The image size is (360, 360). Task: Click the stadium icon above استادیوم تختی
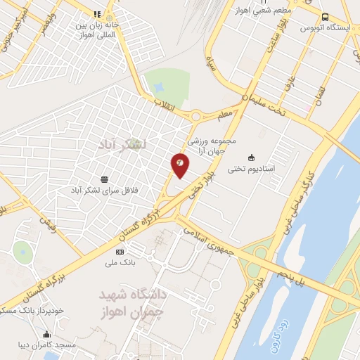click(252, 157)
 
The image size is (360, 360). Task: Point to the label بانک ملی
click(119, 264)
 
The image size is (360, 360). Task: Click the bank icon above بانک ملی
click(119, 252)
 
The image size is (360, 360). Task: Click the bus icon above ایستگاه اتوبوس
click(324, 17)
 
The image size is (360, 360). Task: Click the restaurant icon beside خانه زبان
click(97, 13)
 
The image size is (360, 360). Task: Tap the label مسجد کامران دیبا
click(46, 345)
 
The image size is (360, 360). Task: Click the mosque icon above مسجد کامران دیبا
click(46, 334)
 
